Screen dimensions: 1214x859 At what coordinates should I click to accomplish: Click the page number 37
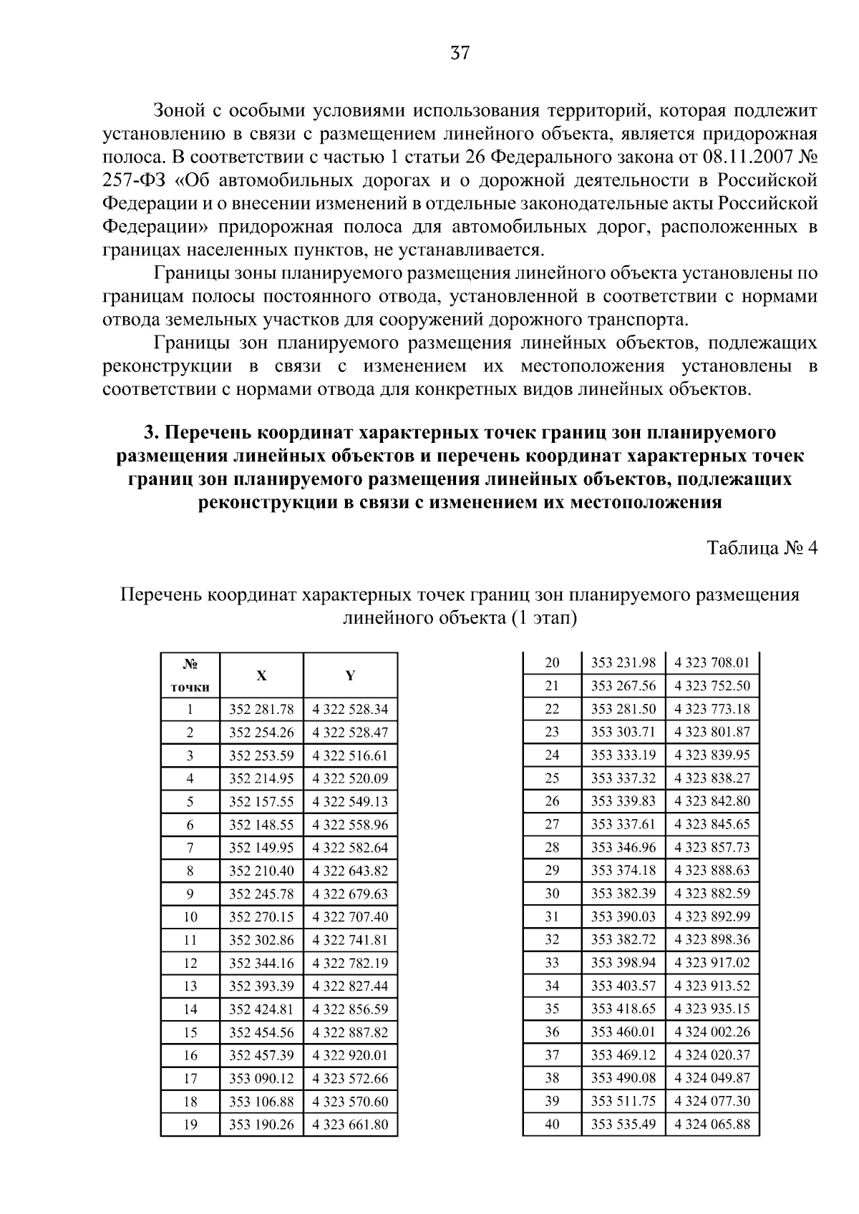(460, 52)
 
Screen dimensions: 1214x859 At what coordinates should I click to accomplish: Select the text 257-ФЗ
(135, 180)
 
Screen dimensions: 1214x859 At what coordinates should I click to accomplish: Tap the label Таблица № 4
(762, 549)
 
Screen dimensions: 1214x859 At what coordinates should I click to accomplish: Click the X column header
(261, 675)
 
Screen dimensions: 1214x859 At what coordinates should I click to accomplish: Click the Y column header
(350, 675)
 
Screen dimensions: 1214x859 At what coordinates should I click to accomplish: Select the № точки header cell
(190, 675)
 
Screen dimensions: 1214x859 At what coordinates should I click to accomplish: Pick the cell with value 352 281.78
(261, 710)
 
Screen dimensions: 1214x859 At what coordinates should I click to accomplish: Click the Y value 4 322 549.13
(350, 802)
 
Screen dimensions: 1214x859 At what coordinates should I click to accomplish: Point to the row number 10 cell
(190, 917)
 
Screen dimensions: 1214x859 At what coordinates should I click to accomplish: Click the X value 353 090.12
(261, 1079)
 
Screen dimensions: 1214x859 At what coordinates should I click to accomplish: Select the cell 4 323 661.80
(350, 1125)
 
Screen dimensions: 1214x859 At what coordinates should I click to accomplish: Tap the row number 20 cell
(552, 663)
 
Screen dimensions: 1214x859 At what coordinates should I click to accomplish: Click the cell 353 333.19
(623, 755)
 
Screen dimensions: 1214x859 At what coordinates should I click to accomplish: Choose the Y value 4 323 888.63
(712, 871)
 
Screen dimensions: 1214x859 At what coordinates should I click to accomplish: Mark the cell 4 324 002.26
(712, 1032)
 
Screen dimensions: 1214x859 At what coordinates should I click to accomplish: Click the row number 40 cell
(552, 1125)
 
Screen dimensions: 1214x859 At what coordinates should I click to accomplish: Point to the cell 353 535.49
(623, 1125)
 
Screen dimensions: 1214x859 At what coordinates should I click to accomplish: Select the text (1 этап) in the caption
(544, 618)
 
